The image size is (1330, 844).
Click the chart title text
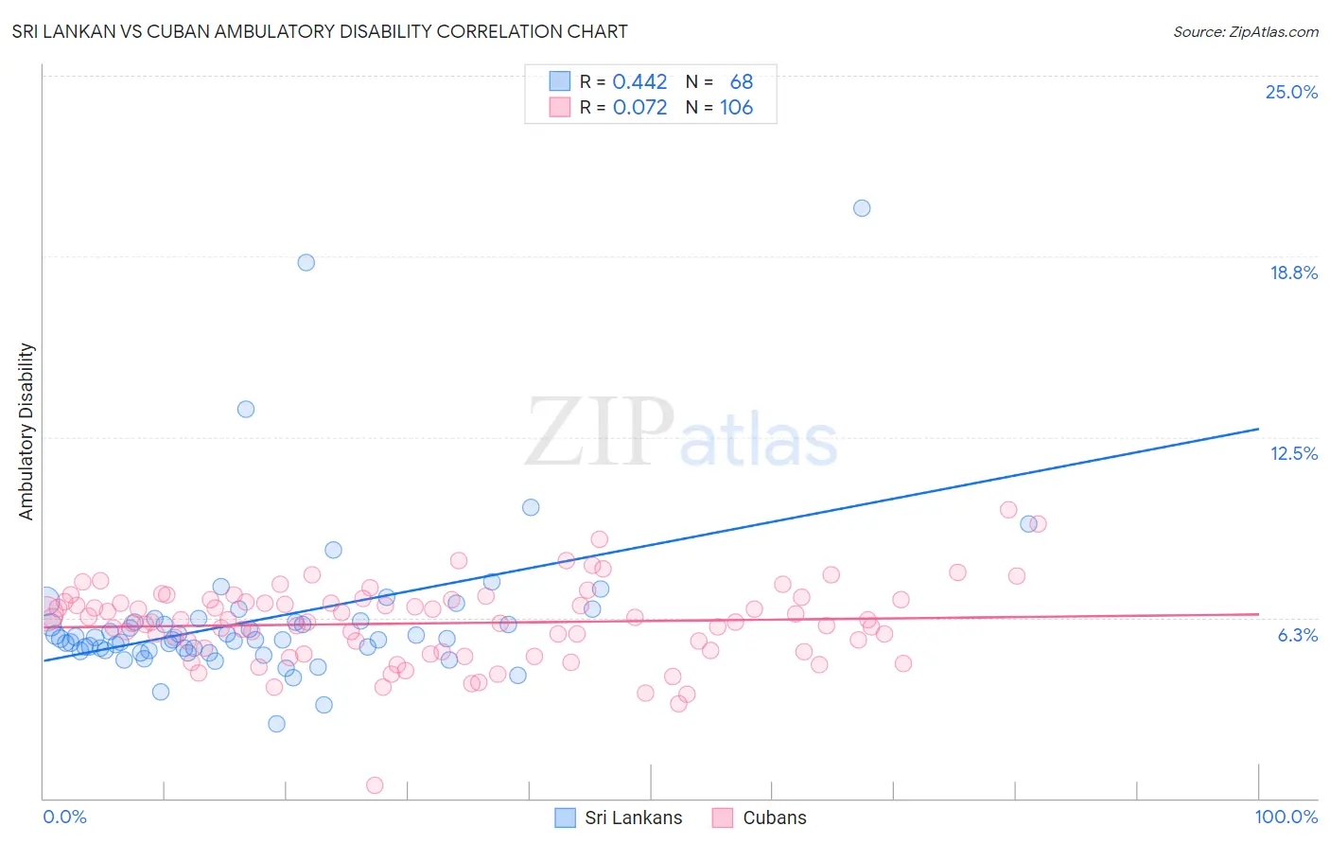(x=320, y=31)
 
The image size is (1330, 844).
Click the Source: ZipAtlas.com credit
(x=1245, y=31)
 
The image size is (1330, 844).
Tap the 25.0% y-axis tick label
(x=1291, y=92)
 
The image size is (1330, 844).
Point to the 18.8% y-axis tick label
(x=1293, y=273)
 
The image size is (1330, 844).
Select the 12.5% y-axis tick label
(x=1293, y=453)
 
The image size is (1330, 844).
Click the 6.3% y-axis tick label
(x=1297, y=635)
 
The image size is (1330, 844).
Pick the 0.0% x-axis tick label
(x=64, y=817)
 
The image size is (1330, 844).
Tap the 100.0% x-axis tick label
(x=1286, y=817)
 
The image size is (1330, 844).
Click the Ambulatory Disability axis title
(x=26, y=431)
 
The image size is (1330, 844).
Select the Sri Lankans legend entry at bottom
(x=633, y=818)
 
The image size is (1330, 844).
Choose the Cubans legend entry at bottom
(x=774, y=818)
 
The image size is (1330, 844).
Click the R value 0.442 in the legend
(x=639, y=82)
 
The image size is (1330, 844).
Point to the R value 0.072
(x=639, y=108)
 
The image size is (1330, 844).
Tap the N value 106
(x=736, y=108)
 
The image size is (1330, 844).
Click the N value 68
(x=741, y=82)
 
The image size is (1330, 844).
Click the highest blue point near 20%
(x=862, y=208)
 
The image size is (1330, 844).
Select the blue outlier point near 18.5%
(x=306, y=262)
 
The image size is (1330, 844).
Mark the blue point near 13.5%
(x=246, y=409)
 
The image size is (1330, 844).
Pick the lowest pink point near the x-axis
(x=375, y=784)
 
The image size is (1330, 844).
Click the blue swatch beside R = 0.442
(x=560, y=81)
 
